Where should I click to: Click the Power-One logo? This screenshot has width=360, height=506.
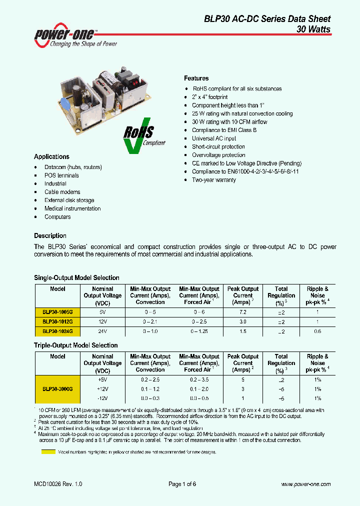[75, 35]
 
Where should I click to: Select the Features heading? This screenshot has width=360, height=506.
[196, 78]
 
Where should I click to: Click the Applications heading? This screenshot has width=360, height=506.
[51, 156]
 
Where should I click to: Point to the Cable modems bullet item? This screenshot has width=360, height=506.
[62, 192]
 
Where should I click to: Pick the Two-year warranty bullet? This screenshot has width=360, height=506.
[213, 180]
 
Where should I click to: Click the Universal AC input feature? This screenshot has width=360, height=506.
[214, 138]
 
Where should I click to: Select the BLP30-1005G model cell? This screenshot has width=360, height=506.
[57, 311]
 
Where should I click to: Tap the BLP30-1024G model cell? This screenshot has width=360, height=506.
[57, 331]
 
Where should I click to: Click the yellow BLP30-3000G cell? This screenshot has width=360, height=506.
[57, 389]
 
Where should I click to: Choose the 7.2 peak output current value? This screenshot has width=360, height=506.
[243, 311]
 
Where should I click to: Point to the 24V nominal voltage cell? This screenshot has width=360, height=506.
[102, 331]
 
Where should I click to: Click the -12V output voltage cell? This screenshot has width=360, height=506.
[102, 398]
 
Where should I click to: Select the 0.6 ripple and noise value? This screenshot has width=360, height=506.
[317, 331]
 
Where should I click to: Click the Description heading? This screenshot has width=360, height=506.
[50, 235]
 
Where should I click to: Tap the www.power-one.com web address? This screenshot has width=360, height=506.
[305, 484]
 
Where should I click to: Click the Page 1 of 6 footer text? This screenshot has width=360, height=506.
[182, 484]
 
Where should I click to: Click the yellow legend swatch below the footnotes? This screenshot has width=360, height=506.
[48, 451]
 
